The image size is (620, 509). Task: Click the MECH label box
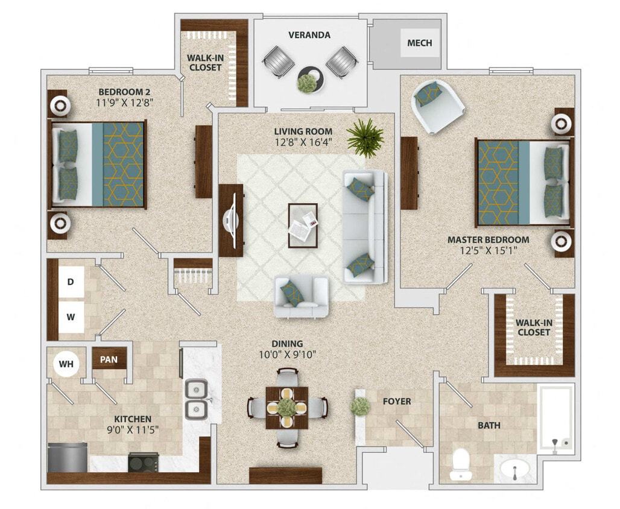click(x=420, y=43)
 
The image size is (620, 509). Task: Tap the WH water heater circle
click(x=66, y=364)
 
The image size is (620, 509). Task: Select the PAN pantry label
click(x=109, y=360)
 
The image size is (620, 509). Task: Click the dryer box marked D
click(x=71, y=282)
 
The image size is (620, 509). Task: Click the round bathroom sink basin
click(x=514, y=468)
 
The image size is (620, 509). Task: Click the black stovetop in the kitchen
click(x=143, y=463)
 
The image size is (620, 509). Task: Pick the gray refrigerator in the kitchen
click(x=68, y=458)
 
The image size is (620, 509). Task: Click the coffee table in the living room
click(x=303, y=226)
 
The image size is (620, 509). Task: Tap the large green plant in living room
click(x=365, y=138)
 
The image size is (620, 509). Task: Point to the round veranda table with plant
click(x=310, y=78)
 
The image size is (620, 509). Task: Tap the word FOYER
click(x=397, y=401)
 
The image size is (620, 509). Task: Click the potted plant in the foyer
click(x=360, y=405)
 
